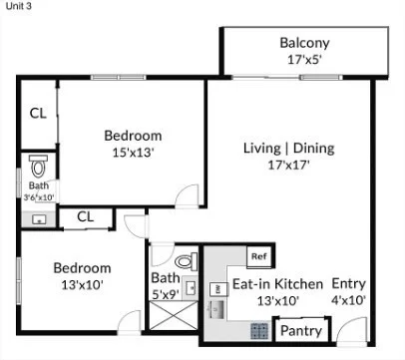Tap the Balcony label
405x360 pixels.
pos(304,43)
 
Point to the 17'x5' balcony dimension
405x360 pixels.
pos(304,59)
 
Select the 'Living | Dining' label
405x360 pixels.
pos(288,149)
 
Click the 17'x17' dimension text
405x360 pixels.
pos(288,166)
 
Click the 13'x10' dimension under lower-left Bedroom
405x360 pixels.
pos(82,284)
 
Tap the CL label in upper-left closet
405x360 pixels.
pos(37,114)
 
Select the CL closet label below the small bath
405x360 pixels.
pos(85,215)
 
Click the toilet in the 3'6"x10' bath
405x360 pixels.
pos(38,165)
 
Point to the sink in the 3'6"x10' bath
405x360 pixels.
pos(38,219)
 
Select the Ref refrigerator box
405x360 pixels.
pos(258,256)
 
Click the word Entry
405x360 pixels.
pos(349,282)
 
